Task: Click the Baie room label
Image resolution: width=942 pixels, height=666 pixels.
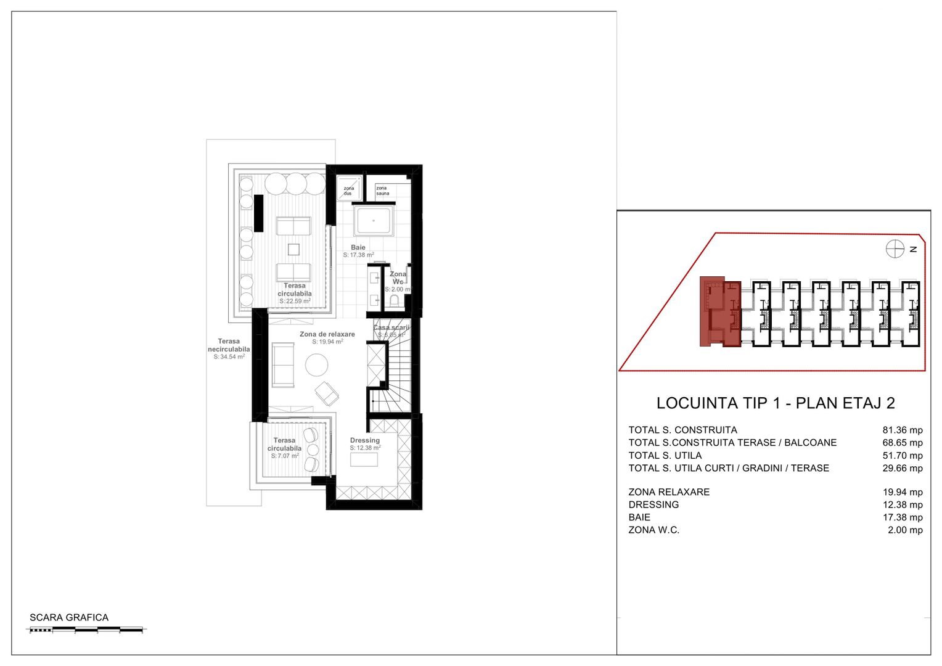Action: click(358, 247)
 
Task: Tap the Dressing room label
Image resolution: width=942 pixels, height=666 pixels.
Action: click(365, 440)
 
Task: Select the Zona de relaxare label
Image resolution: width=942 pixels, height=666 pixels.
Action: click(327, 334)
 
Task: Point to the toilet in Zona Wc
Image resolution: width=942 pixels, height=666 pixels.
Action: click(395, 301)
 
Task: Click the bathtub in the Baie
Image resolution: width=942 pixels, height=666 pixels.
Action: click(373, 221)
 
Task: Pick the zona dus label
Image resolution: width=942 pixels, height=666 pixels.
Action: click(348, 191)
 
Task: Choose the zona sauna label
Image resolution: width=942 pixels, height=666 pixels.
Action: click(383, 191)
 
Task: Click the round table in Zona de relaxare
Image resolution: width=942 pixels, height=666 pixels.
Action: click(317, 364)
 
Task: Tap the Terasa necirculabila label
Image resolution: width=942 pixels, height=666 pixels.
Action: click(229, 345)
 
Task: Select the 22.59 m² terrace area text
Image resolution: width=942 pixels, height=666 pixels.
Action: click(295, 302)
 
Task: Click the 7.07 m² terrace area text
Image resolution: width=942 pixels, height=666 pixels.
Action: click(285, 456)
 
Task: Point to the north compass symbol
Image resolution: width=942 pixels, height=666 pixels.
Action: click(895, 249)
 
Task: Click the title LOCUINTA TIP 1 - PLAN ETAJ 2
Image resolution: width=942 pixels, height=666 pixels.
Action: click(776, 403)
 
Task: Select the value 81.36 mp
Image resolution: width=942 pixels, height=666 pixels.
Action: click(903, 430)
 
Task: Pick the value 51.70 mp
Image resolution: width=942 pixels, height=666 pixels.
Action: click(903, 456)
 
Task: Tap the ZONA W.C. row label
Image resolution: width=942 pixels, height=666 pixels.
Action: click(653, 530)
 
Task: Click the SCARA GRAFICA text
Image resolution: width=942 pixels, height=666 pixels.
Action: click(69, 617)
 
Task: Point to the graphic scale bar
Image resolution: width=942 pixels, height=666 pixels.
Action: click(86, 630)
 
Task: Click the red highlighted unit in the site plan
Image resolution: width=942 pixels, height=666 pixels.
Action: click(719, 312)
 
